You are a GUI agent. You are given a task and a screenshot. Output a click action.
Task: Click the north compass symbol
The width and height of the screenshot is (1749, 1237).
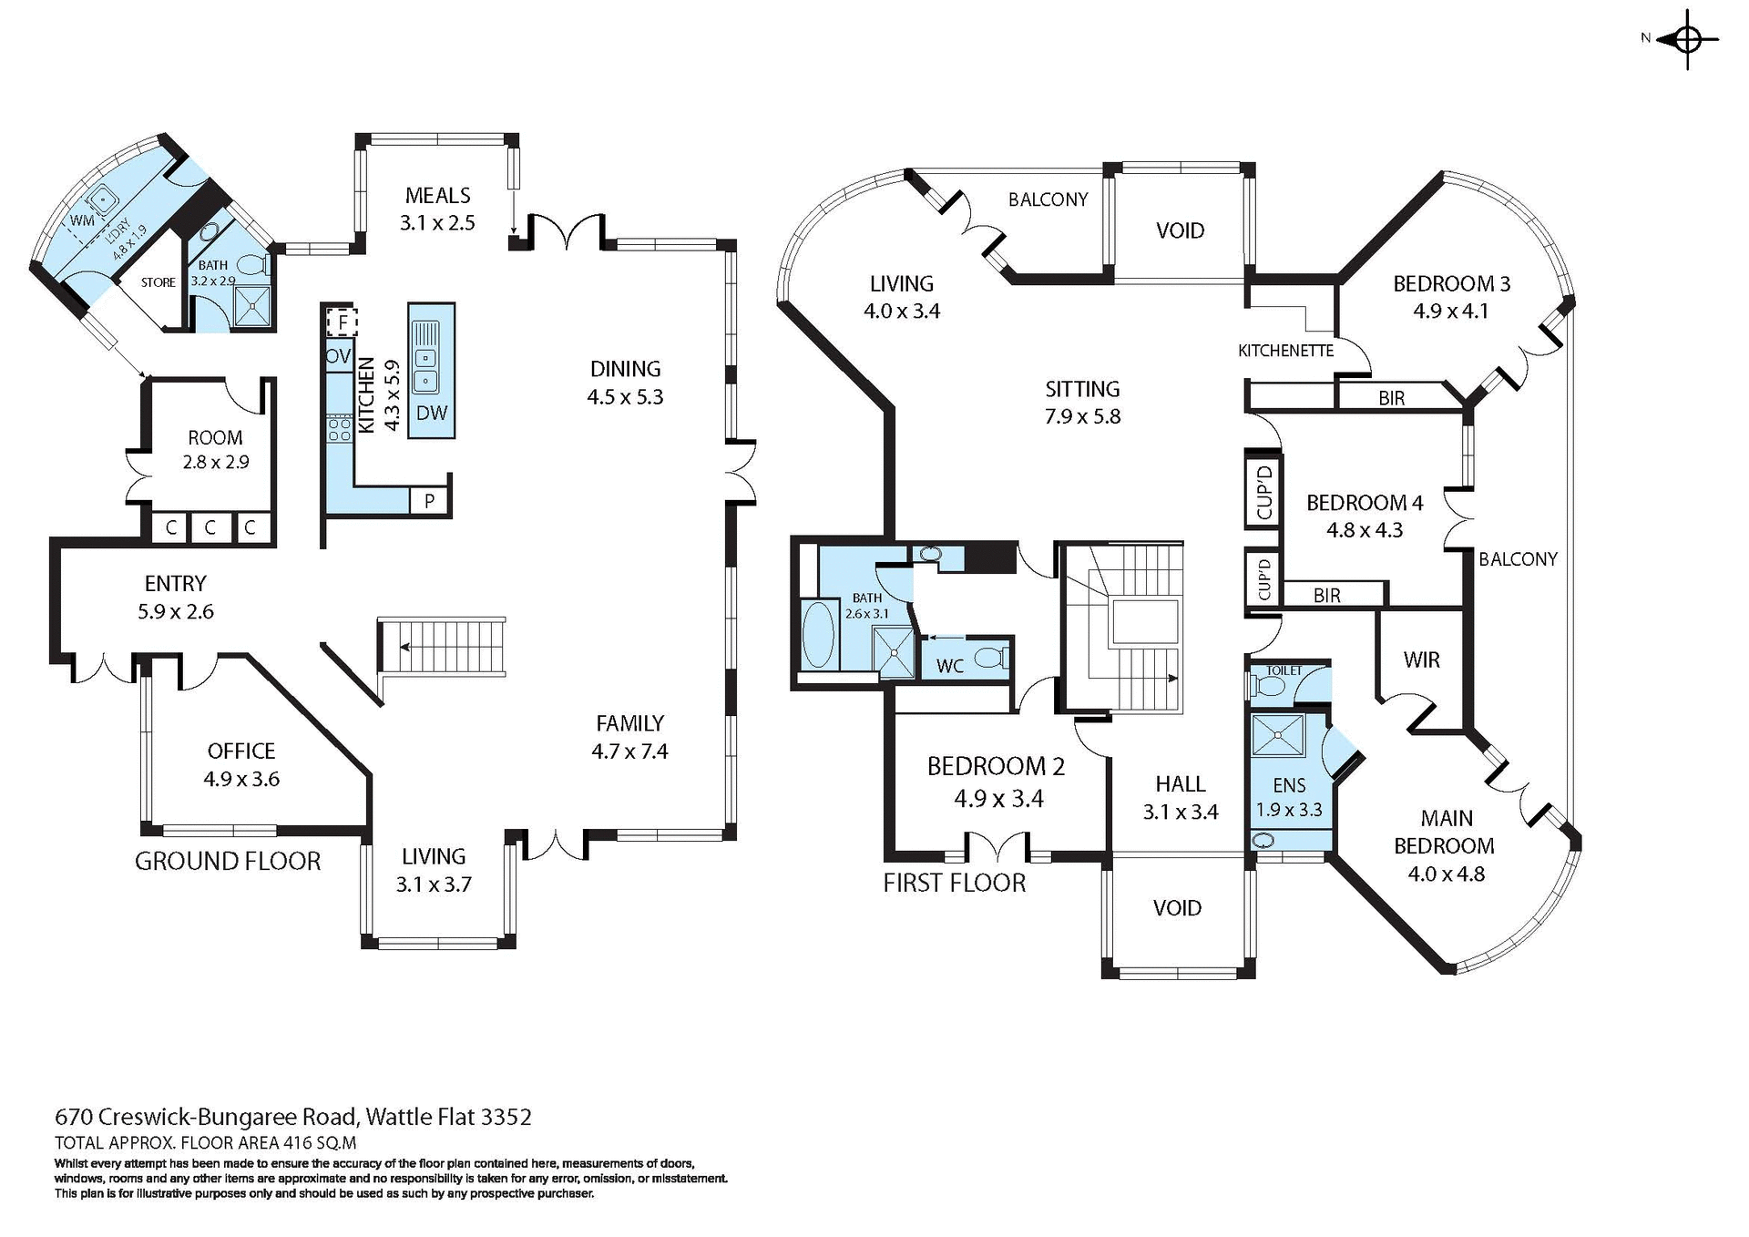(x=1687, y=40)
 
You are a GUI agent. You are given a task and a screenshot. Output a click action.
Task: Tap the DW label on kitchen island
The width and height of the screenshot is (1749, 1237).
(x=432, y=413)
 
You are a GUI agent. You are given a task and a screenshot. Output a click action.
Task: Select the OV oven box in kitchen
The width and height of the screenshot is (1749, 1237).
(x=338, y=356)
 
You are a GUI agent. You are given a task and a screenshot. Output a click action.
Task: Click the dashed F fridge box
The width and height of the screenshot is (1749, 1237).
(x=343, y=322)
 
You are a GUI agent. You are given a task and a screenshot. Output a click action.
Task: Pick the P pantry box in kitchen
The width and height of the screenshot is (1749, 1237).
(x=429, y=501)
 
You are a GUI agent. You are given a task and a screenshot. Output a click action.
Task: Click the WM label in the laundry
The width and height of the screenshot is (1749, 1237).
(x=82, y=220)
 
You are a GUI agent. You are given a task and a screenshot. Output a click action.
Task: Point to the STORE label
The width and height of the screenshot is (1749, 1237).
(x=159, y=282)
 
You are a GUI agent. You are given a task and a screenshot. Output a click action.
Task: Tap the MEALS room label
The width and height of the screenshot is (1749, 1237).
(x=438, y=196)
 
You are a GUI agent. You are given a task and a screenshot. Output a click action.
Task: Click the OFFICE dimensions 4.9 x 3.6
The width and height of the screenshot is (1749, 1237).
(x=241, y=779)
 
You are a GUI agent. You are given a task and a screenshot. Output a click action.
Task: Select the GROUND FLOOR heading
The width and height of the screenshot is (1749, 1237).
(x=228, y=861)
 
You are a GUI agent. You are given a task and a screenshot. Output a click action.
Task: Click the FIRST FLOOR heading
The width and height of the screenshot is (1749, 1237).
(x=954, y=883)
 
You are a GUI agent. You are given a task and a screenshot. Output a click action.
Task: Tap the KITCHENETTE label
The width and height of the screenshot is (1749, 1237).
(x=1285, y=351)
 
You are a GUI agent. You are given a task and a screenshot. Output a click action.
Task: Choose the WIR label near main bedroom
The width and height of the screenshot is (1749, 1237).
(x=1421, y=659)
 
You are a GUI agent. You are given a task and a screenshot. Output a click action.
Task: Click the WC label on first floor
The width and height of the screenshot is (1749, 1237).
(x=949, y=666)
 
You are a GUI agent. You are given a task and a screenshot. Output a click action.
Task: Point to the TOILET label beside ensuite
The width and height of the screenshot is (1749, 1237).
(x=1284, y=670)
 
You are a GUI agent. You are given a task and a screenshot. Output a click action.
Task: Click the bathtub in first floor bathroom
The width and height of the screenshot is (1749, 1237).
(x=819, y=634)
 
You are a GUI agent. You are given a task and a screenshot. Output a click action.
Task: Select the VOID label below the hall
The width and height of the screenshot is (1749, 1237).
(x=1177, y=907)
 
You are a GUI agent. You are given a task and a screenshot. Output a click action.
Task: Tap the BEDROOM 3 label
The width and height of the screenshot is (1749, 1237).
(x=1451, y=283)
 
